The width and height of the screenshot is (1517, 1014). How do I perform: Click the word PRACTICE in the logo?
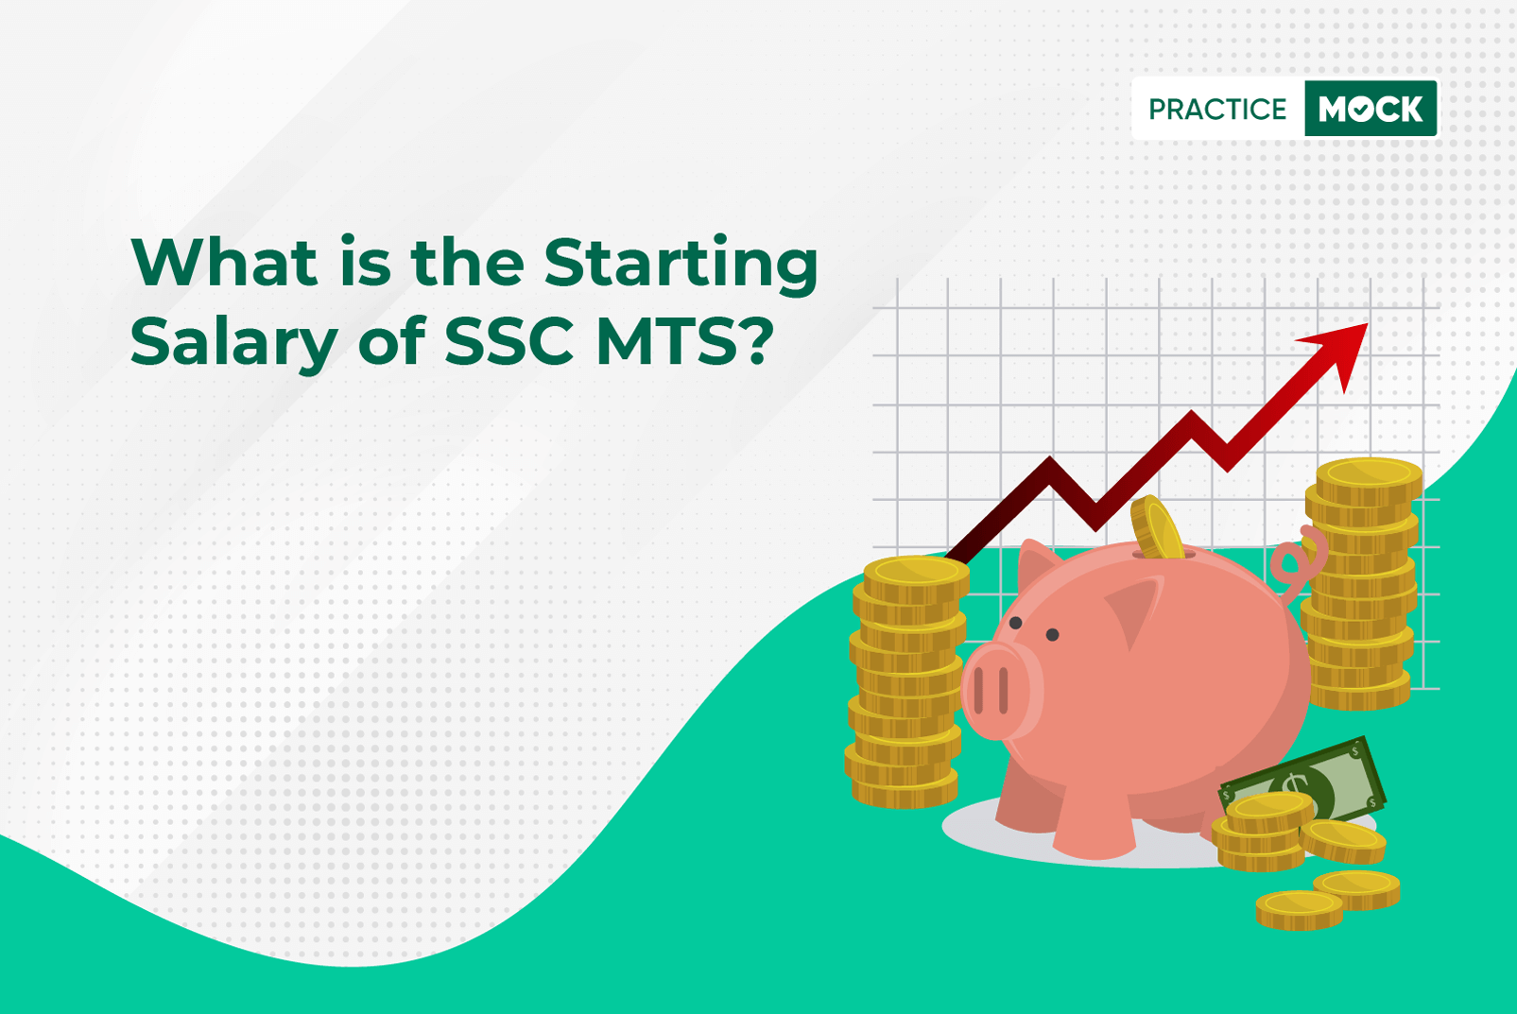tap(1216, 110)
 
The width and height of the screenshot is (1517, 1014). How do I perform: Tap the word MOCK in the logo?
tap(1370, 110)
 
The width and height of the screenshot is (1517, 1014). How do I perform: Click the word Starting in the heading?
tap(681, 265)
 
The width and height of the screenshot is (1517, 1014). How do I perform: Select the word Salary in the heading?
tap(233, 342)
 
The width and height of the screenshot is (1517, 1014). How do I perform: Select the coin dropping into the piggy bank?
tap(1157, 527)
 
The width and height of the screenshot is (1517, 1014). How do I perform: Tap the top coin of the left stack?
tap(915, 571)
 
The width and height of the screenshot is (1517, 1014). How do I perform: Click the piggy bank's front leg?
tap(1094, 822)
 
